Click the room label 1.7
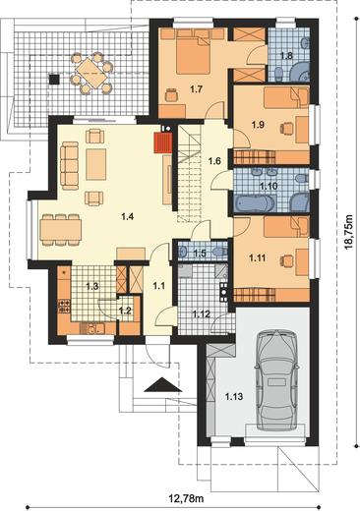coord(197,89)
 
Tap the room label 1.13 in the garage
coord(234,397)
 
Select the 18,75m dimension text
coord(349,233)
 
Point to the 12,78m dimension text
coord(186,499)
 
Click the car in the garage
coord(278,380)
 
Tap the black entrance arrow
coord(162,384)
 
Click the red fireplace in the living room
coord(163,142)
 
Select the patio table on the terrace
coord(90,74)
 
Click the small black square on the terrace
coord(54,79)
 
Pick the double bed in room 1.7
coord(193,53)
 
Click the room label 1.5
coord(200,253)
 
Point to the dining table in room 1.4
coord(61,230)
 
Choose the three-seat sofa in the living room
coord(69,165)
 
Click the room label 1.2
coord(125,311)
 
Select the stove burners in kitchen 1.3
coord(64,306)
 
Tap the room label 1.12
coord(201,314)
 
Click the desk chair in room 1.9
coord(286,128)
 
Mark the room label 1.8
coord(286,56)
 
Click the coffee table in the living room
coord(95,164)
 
